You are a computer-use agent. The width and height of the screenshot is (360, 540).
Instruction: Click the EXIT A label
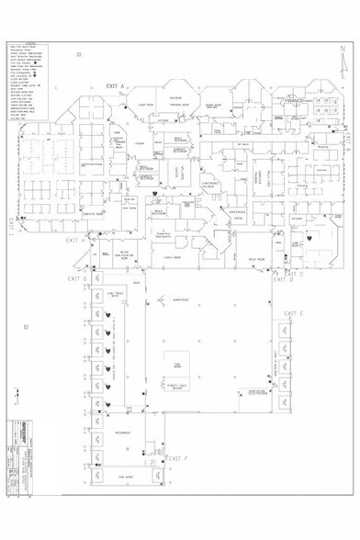[x=115, y=84]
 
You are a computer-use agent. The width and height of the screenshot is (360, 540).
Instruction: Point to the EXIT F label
[x=178, y=456]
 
